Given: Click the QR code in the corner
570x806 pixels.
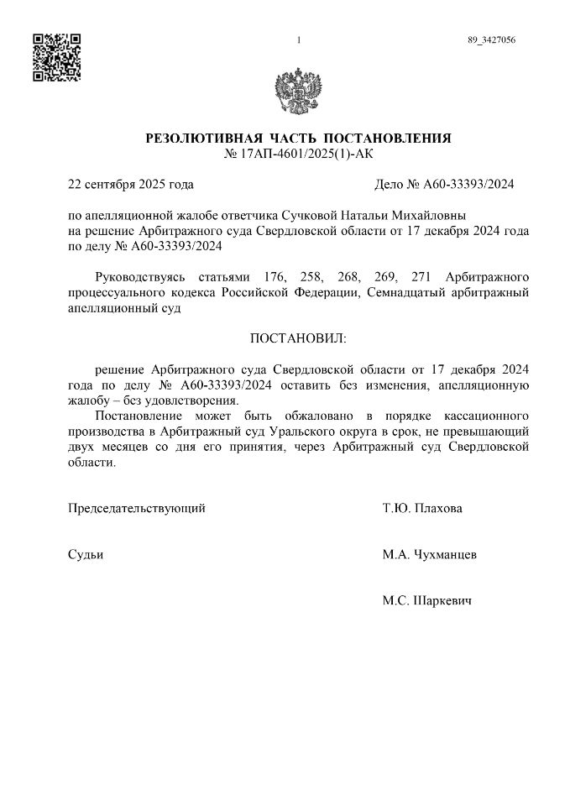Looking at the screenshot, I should click(55, 57).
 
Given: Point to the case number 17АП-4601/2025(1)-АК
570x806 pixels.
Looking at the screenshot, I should click(299, 154).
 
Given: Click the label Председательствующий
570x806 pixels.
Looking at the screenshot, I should click(136, 508).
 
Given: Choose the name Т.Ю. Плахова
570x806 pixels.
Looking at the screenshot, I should click(421, 508).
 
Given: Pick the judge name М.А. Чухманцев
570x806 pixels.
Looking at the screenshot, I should click(430, 555).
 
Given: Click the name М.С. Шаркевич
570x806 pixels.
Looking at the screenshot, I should click(426, 601).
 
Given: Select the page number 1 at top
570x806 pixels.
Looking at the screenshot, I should click(299, 40).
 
